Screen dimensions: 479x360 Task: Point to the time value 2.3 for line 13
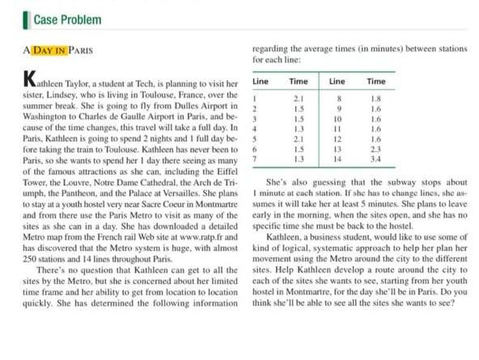[x=375, y=150]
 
